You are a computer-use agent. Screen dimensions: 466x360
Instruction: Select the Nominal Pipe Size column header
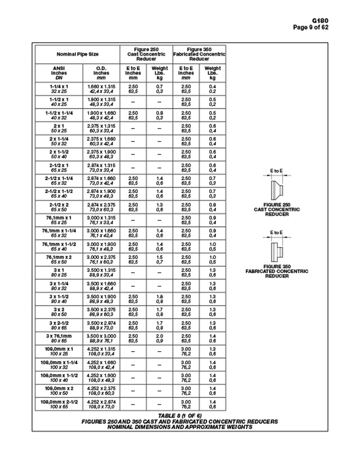[77, 55]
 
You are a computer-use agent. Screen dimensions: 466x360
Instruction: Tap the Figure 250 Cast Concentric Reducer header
[146, 54]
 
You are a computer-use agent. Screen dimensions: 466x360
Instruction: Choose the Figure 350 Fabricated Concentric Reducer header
[199, 54]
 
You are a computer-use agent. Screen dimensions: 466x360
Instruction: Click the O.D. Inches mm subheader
[101, 73]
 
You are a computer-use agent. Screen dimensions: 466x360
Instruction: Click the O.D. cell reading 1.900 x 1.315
[101, 101]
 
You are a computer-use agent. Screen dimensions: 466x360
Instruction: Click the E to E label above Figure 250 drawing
[276, 171]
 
